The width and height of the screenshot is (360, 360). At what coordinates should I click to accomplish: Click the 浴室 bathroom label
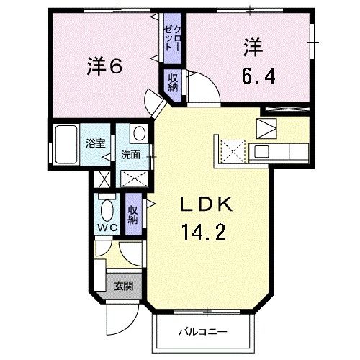96,143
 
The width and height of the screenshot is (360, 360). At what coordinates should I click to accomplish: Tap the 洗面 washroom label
130,153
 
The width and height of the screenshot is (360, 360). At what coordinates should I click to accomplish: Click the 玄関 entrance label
123,285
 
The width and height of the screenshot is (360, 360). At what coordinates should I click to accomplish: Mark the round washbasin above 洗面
138,133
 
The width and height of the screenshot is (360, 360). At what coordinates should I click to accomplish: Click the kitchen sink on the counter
261,151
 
